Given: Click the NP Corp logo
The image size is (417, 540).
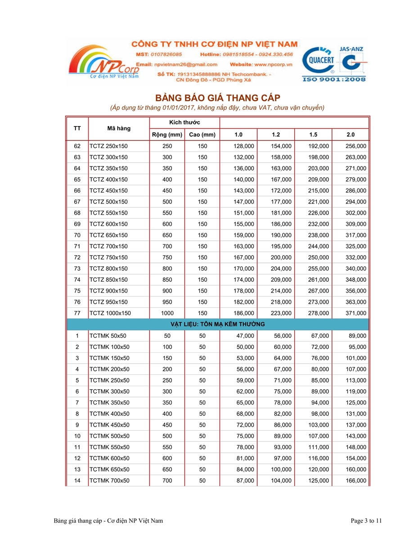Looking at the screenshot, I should coord(103,64).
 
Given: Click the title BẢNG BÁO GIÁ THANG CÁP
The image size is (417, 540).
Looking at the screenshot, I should coord(218,98).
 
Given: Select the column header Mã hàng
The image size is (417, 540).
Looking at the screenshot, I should coord(119,129).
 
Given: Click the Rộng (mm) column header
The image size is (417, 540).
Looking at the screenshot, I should coord(167,135).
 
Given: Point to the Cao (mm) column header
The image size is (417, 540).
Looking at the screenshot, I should coord(202,135).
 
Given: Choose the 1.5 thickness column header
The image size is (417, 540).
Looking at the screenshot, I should coord(313,135).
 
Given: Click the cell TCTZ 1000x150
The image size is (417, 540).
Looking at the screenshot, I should coord(110,313).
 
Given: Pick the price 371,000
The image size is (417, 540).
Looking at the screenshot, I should coord(356,313).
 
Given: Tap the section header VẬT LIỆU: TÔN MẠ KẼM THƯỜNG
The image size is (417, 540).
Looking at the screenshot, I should coord(218,324).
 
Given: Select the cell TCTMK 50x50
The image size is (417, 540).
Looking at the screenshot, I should coord(108,336).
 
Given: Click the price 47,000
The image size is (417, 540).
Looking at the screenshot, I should coord(245,336).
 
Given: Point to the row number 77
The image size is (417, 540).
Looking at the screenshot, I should coord(77,313).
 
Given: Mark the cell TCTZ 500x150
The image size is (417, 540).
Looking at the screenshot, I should coord(108,202).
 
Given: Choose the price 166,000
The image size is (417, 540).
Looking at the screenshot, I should coord(356,481).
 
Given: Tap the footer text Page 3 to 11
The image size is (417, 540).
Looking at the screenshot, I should coord(366,521).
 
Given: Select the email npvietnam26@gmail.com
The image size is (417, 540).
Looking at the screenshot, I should coord(183,64).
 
